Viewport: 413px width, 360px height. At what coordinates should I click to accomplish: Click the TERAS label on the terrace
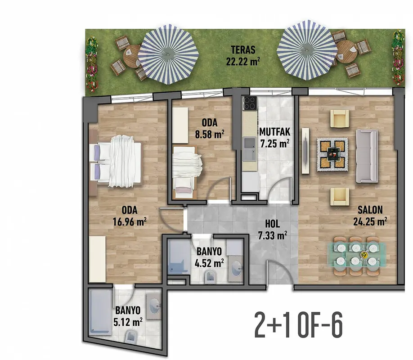pyautogui.click(x=243, y=50)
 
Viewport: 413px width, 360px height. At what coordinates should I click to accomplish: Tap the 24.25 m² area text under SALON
pyautogui.click(x=370, y=221)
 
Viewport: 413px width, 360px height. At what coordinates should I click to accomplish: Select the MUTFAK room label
pyautogui.click(x=275, y=132)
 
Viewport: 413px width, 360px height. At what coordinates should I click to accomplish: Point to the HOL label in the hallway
pyautogui.click(x=272, y=224)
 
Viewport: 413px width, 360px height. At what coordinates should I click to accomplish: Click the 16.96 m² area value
pyautogui.click(x=130, y=222)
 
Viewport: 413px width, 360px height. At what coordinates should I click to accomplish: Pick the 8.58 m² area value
pyautogui.click(x=210, y=134)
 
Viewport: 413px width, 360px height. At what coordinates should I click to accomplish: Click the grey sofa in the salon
pyautogui.click(x=367, y=156)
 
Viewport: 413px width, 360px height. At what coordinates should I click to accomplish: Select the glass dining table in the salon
pyautogui.click(x=357, y=255)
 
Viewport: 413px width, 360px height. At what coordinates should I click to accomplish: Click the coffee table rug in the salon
pyautogui.click(x=332, y=154)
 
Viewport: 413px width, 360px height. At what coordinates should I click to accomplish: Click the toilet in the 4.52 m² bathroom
pyautogui.click(x=211, y=277)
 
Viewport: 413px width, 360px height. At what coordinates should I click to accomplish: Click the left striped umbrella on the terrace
pyautogui.click(x=168, y=54)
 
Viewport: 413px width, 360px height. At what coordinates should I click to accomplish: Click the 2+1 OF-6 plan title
pyautogui.click(x=298, y=325)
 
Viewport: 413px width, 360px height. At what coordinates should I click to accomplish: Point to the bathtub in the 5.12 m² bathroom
pyautogui.click(x=100, y=312)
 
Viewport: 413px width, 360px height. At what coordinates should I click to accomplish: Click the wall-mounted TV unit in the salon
pyautogui.click(x=305, y=151)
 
